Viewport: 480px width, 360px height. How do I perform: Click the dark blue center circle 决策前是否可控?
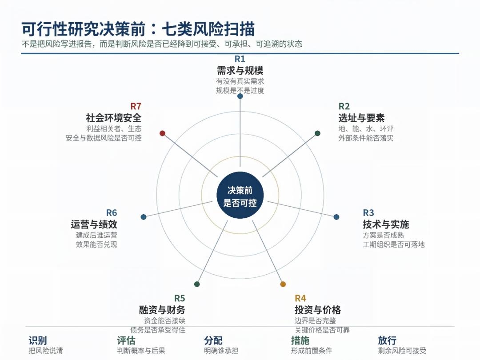tap(240, 195)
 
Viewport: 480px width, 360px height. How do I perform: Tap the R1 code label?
tap(240, 59)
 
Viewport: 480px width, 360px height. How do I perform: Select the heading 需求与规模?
tap(240, 71)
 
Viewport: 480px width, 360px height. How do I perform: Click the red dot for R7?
tap(163, 133)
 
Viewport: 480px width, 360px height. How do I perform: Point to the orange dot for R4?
tap(283, 284)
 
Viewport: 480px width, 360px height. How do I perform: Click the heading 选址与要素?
tap(361, 118)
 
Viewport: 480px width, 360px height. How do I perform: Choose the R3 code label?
tap(368, 213)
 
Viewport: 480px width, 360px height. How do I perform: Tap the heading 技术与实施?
tap(386, 224)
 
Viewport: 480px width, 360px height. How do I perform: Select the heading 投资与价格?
tap(317, 310)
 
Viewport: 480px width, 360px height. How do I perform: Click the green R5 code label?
tap(180, 298)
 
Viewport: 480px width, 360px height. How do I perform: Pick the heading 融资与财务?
tap(162, 310)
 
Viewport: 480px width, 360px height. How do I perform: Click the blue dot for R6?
tap(144, 217)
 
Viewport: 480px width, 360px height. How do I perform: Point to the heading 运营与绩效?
tap(94, 224)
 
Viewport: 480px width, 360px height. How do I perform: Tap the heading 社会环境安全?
tap(114, 118)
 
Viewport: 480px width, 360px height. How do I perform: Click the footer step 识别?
tap(38, 340)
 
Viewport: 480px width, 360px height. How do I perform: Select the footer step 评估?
tap(126, 340)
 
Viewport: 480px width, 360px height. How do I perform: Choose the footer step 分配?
tap(213, 340)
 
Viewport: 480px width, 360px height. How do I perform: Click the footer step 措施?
tap(300, 340)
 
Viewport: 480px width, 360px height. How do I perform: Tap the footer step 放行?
tap(387, 340)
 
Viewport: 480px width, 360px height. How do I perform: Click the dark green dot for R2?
tap(317, 133)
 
